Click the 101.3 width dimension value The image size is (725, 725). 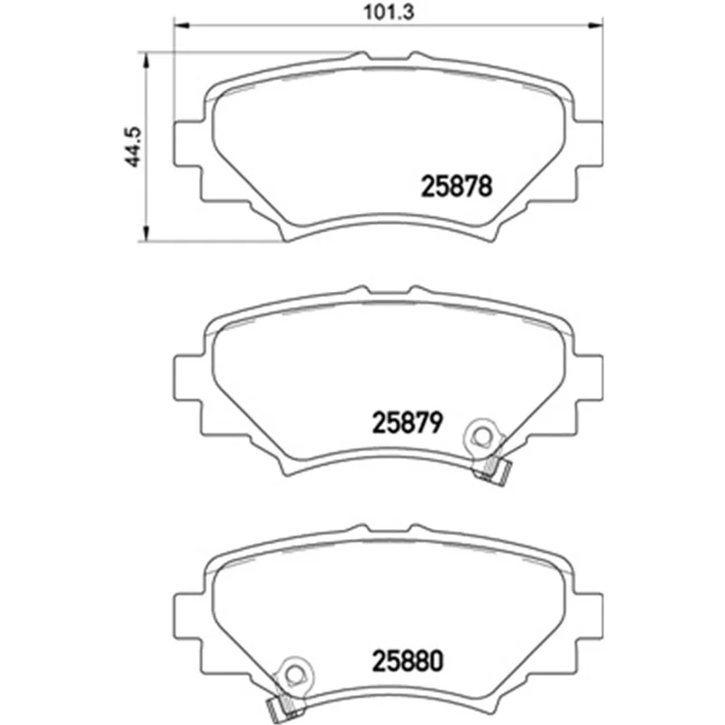[x=389, y=12]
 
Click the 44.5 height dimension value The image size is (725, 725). [x=134, y=147]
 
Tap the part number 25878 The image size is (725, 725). [x=457, y=187]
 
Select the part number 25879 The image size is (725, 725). [x=407, y=422]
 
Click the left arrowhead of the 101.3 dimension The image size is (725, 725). [x=182, y=24]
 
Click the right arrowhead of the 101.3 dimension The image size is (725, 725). [x=595, y=24]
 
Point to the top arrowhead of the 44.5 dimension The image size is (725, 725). [x=146, y=60]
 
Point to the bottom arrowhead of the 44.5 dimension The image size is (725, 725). [x=146, y=234]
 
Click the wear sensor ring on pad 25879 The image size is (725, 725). [x=482, y=436]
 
